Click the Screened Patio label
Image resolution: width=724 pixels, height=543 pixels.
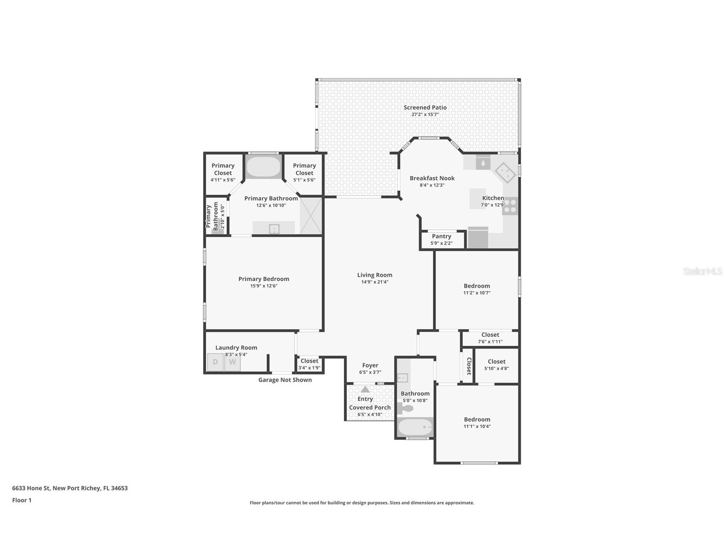coord(425,108)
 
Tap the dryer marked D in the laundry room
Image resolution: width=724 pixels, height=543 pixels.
coord(215,362)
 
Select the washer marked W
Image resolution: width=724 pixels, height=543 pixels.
coord(233,362)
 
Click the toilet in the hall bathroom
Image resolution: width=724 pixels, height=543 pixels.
coord(406,409)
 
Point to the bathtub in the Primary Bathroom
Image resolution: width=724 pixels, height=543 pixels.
coord(263,167)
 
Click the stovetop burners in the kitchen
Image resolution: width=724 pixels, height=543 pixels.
coord(510,206)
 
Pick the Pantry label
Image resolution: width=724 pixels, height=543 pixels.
coord(441,236)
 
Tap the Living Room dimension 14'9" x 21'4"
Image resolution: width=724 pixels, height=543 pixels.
coord(375,282)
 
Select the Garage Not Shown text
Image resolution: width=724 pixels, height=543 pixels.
coord(285,380)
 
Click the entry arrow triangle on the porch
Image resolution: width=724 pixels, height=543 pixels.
coord(365,389)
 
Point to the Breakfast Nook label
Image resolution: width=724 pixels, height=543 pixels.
coord(432,178)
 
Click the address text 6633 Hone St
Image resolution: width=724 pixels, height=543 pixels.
coord(70,488)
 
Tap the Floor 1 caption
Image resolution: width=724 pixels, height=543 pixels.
coord(22,500)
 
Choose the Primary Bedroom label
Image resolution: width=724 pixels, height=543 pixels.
coord(264,279)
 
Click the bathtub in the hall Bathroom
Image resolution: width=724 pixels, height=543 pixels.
coord(415,427)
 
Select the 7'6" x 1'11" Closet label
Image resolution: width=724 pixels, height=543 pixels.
coord(490,338)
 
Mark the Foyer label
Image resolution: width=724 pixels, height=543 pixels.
coord(370,365)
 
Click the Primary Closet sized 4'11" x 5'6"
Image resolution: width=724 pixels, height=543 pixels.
coord(223,172)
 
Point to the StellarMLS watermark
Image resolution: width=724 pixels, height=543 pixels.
coord(702,271)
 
